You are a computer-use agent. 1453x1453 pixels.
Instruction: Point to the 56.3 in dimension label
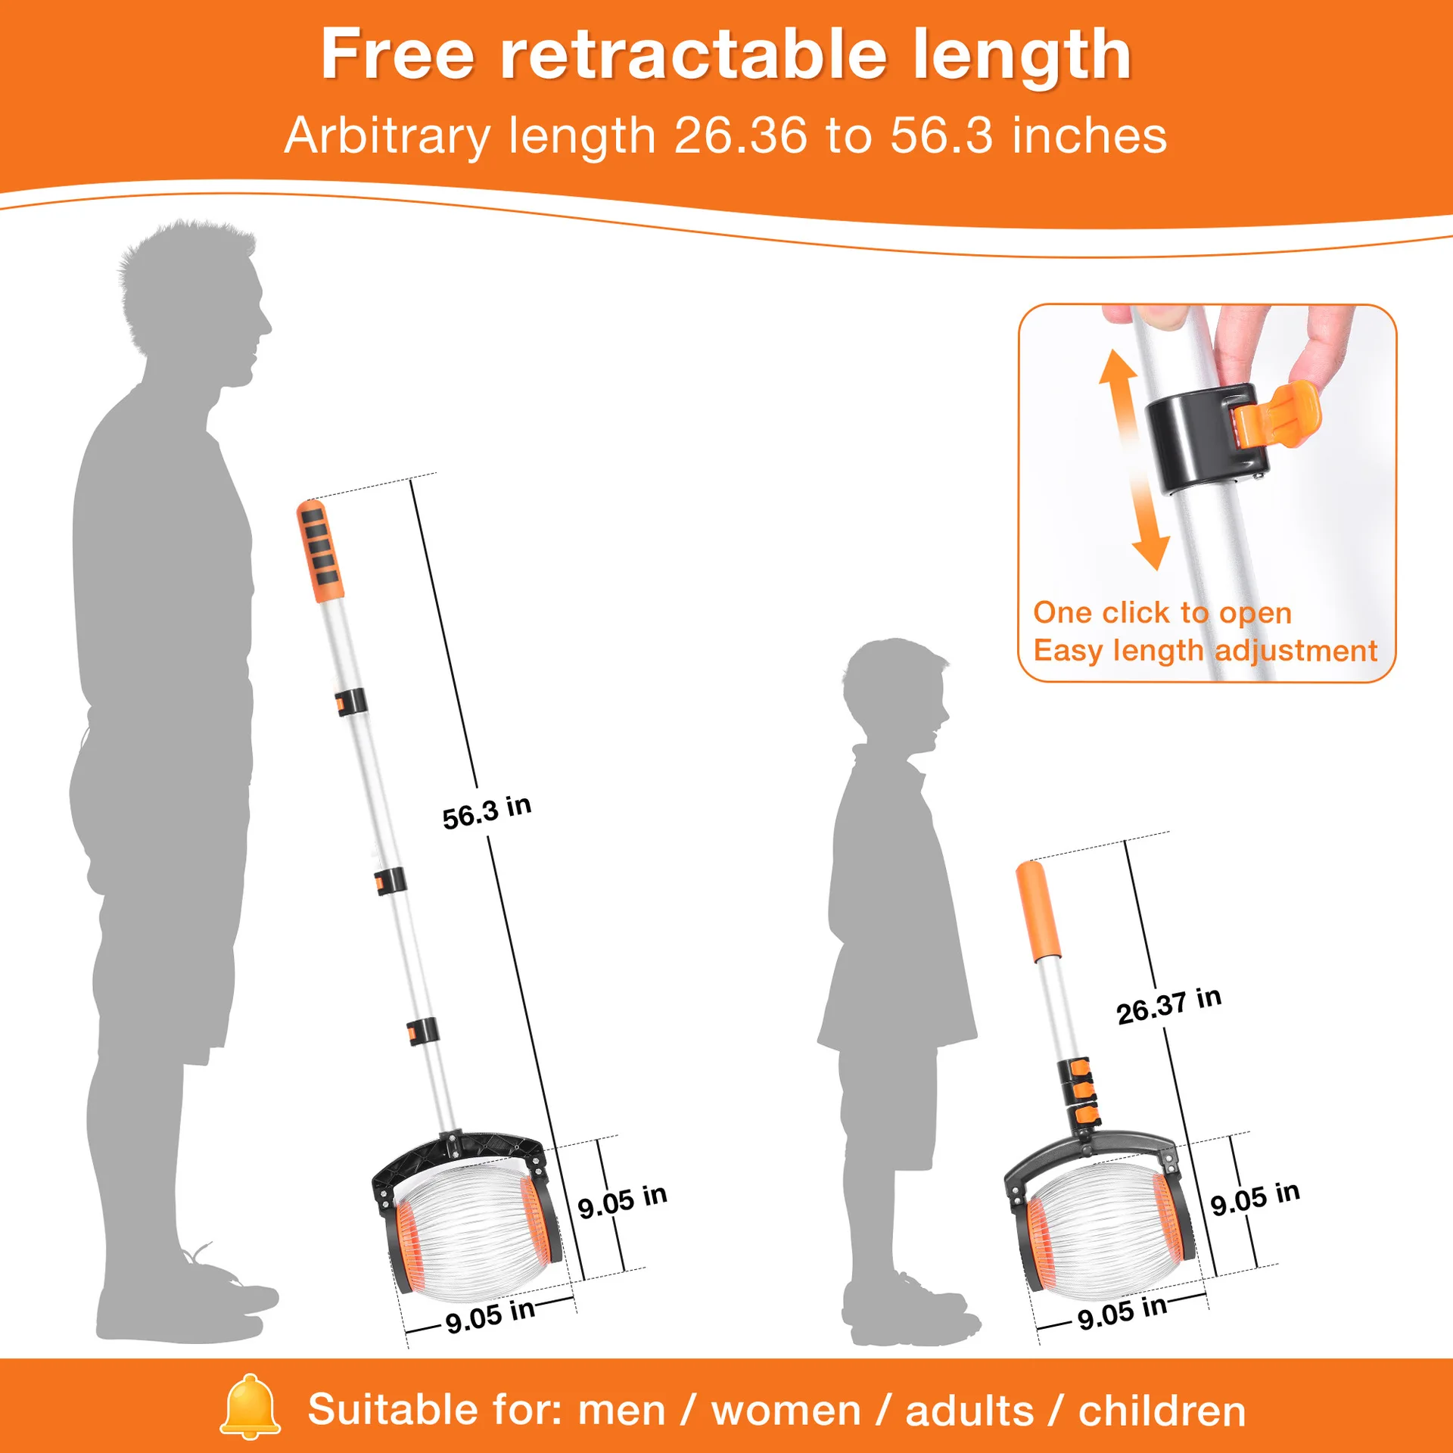(x=487, y=812)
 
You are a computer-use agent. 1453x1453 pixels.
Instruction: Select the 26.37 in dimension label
(x=1168, y=1006)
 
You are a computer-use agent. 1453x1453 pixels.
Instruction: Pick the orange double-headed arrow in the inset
(x=1134, y=459)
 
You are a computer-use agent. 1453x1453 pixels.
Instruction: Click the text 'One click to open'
(x=1162, y=613)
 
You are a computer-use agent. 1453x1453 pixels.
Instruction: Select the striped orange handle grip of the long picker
(x=319, y=551)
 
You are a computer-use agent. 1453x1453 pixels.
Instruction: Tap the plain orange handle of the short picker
(x=1038, y=912)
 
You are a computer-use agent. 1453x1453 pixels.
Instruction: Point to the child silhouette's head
(x=895, y=697)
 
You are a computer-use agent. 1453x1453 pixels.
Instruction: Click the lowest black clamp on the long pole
(x=422, y=1031)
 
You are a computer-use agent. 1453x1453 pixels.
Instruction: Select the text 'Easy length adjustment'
(x=1205, y=651)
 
